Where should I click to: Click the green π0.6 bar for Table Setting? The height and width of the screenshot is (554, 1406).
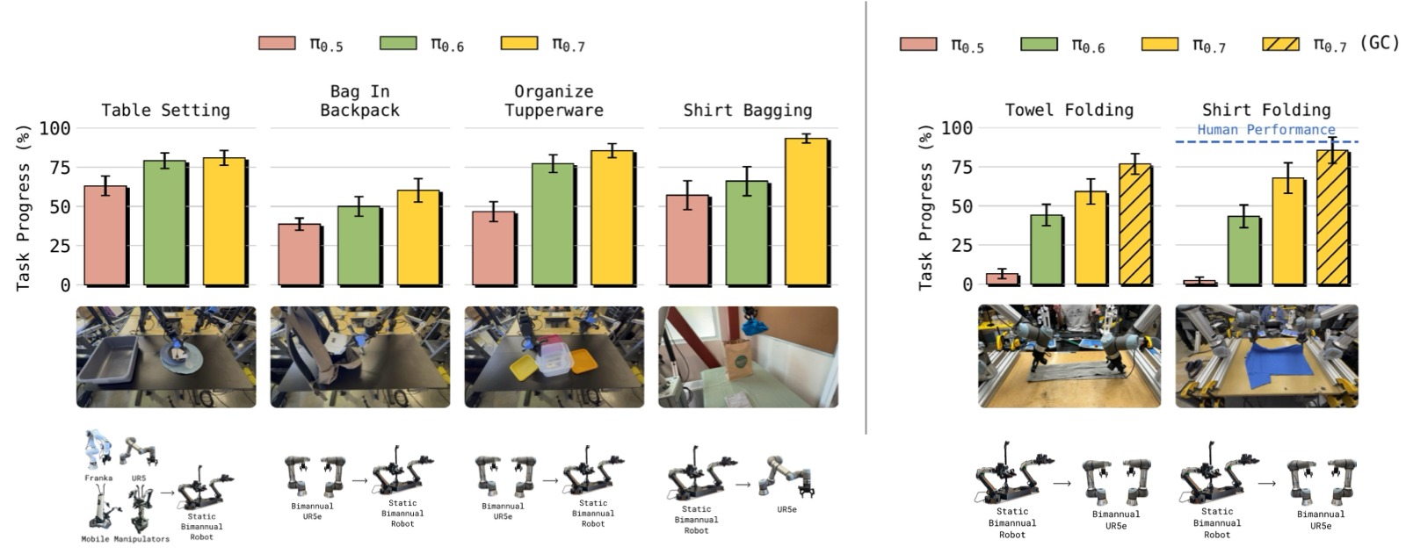[x=165, y=223]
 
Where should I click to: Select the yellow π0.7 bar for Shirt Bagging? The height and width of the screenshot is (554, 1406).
[x=807, y=212]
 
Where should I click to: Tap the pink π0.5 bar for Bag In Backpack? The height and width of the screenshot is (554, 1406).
[x=300, y=255]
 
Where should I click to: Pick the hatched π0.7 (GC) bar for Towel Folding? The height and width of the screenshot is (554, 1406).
[x=1135, y=225]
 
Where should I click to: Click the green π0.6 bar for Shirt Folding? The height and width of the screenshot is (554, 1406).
[x=1244, y=250]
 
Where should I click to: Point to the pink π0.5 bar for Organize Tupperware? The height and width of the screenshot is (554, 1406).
[x=493, y=248]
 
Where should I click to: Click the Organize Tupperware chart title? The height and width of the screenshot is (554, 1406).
[x=554, y=101]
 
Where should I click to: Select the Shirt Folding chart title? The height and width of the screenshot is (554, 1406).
[x=1266, y=110]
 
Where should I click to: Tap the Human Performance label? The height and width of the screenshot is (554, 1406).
[x=1266, y=129]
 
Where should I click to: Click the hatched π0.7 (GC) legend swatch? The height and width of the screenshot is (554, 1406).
[x=1280, y=44]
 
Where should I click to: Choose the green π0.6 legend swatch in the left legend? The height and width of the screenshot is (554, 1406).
[x=398, y=43]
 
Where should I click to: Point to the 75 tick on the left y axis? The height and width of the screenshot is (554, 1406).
[x=61, y=167]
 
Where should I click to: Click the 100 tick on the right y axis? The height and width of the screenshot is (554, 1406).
[x=957, y=128]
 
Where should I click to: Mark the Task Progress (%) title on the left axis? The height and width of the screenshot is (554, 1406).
[x=23, y=208]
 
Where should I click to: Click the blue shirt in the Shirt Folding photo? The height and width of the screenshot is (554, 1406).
[x=1266, y=363]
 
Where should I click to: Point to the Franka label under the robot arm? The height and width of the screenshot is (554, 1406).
[x=98, y=478]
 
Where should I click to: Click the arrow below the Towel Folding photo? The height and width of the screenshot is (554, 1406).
[x=1062, y=483]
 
